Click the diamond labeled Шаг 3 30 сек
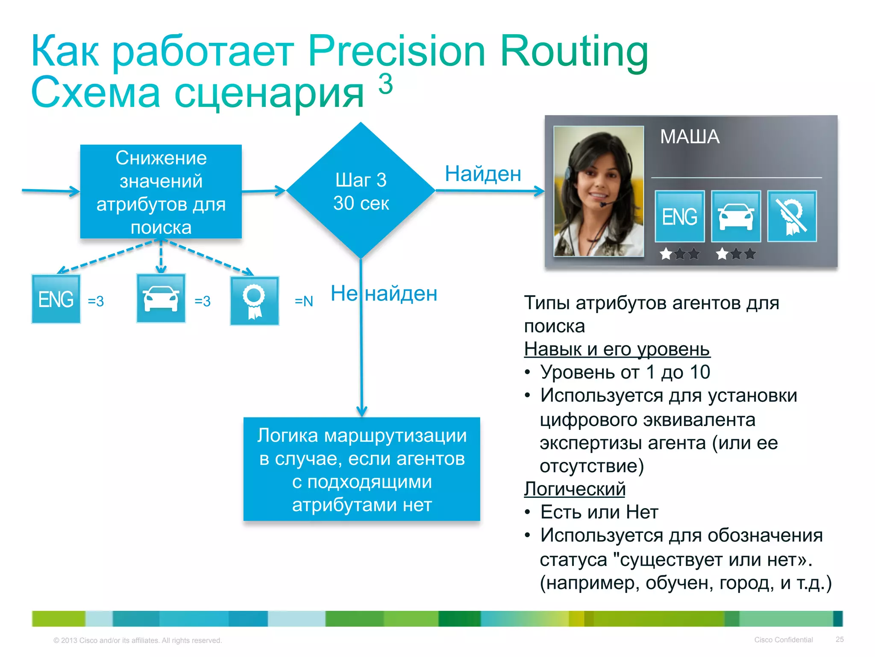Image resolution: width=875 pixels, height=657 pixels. point(361,191)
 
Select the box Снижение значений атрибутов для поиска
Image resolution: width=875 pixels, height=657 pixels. point(161,192)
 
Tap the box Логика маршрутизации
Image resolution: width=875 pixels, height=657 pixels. point(361,469)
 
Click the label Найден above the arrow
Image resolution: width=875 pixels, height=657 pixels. point(483,174)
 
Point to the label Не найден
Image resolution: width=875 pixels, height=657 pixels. point(384,294)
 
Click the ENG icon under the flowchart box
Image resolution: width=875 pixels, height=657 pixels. point(56,299)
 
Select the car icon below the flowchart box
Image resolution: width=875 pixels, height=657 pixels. point(161,298)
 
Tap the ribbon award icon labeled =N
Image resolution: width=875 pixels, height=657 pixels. point(255,301)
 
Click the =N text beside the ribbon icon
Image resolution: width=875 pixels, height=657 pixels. point(304,301)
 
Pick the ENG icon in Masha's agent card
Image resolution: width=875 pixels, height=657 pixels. point(679,216)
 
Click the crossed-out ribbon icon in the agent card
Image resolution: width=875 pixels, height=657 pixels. point(792,216)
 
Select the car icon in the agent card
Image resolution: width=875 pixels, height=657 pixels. point(736,216)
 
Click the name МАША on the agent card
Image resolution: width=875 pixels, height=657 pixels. point(690,137)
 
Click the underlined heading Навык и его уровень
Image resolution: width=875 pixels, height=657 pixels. point(617,349)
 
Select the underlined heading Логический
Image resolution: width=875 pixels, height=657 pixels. point(575,489)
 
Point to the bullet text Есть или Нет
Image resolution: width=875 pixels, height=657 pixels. point(599,512)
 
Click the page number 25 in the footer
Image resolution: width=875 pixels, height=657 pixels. point(840,639)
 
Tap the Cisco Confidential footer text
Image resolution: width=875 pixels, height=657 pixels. point(783,639)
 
